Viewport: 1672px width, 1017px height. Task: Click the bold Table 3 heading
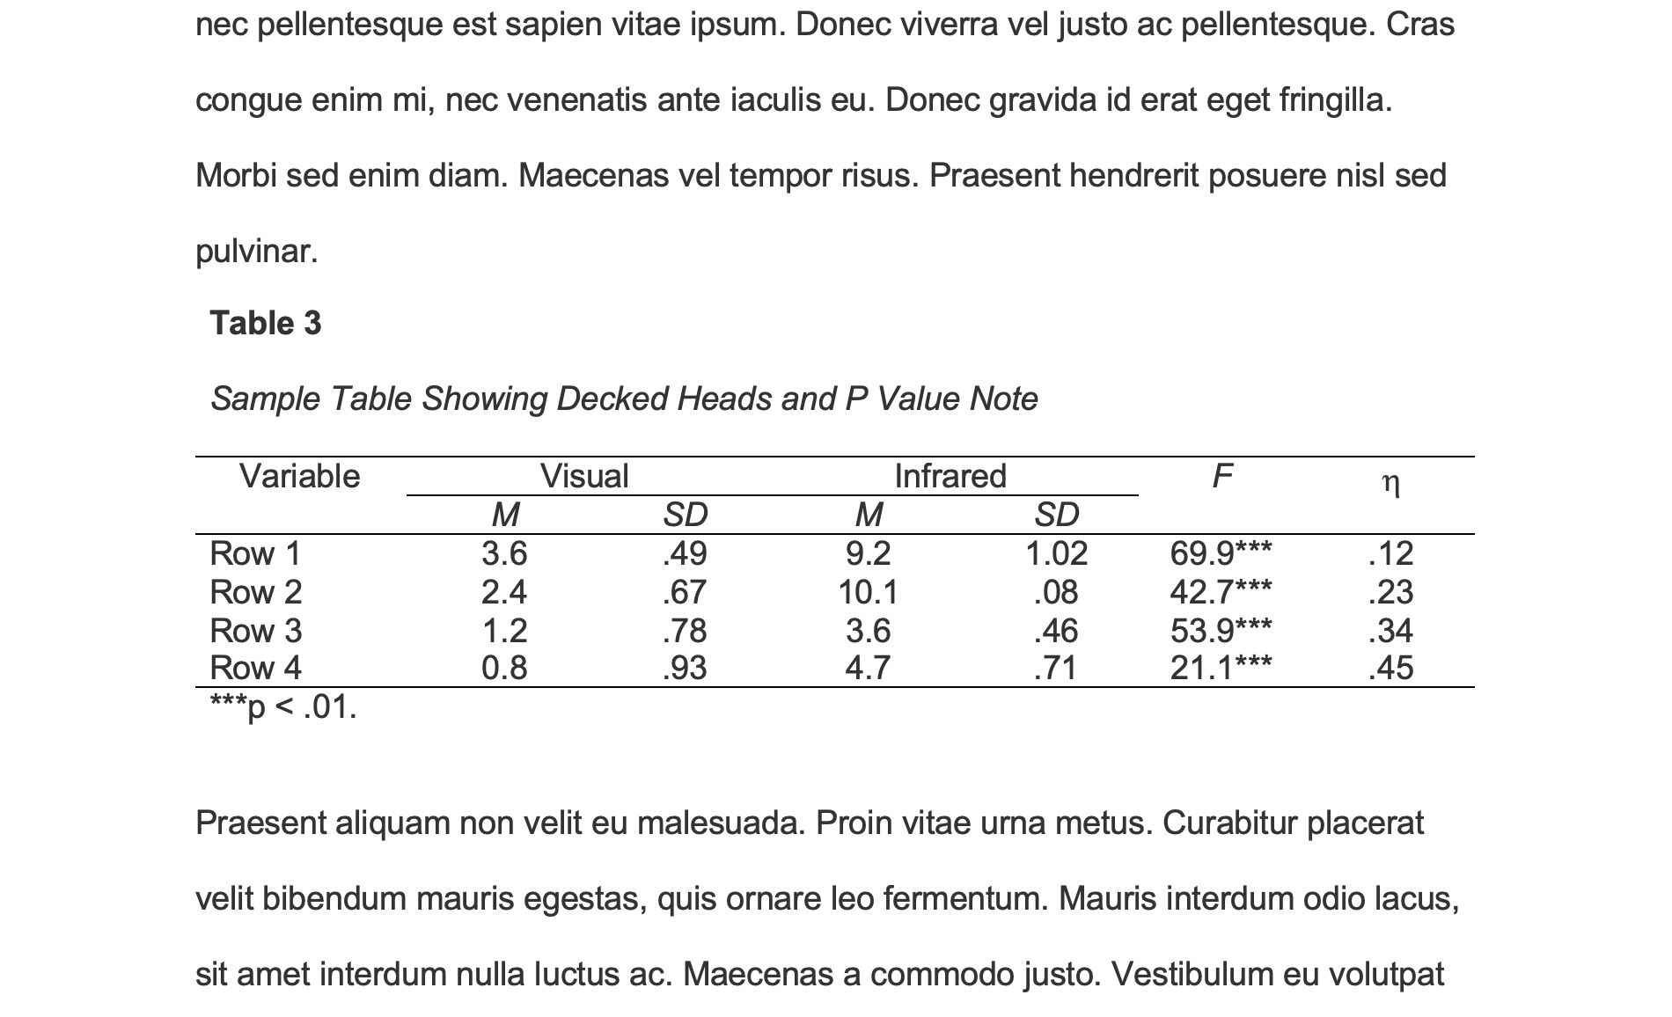pos(266,324)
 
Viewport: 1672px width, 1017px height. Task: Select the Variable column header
pos(299,477)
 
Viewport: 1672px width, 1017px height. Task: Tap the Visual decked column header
pos(584,477)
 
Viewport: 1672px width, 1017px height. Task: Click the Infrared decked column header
pos(950,477)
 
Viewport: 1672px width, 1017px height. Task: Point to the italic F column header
pos(1221,477)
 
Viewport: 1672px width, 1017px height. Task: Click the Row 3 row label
pos(255,631)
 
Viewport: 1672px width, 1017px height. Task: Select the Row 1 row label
pos(255,553)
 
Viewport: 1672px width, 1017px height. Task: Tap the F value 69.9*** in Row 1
pos(1221,553)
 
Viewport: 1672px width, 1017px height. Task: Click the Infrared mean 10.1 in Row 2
pos(868,592)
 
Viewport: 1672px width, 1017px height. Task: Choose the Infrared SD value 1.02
pos(1056,553)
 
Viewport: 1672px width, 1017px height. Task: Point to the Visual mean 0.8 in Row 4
pos(504,669)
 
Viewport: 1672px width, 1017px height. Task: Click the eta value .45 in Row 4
pos(1390,669)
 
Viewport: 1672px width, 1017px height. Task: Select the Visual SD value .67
pos(684,592)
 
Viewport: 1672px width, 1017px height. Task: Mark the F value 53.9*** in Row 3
pos(1221,631)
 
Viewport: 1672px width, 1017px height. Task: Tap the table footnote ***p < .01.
pos(283,706)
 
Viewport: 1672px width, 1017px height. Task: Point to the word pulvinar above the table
pos(256,252)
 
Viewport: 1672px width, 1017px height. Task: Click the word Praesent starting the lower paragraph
pos(260,823)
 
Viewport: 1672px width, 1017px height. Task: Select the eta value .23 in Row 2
pos(1390,592)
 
